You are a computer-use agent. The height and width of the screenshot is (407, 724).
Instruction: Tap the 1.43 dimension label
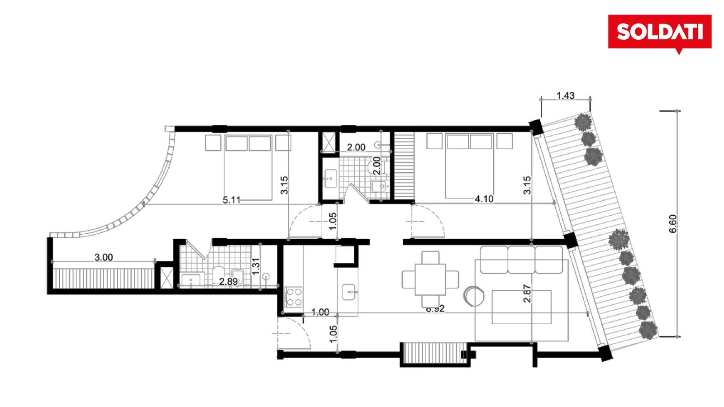coord(566,95)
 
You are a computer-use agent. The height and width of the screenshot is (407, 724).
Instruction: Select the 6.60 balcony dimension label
coord(673,224)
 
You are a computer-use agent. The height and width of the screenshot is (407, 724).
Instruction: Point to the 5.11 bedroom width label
coord(232,200)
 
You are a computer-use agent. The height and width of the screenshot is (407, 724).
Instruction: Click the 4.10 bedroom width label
coord(484,199)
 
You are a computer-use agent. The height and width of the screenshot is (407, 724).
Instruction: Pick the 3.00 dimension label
coord(104,257)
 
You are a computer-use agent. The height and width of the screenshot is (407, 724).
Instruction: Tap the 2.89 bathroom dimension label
coord(229,282)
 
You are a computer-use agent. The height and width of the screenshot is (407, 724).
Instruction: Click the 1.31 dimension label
coord(256,266)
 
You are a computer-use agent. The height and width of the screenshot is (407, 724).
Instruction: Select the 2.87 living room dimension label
coord(527,293)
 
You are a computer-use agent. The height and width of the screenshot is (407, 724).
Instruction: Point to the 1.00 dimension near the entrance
coord(320,312)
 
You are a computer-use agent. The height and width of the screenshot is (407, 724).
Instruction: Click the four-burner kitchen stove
coord(294,297)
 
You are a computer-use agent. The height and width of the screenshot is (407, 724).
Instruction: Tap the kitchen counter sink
coord(349,292)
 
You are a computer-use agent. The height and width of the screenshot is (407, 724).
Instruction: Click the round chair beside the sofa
coord(474,296)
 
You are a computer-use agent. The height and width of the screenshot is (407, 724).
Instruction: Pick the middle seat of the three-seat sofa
coord(521,260)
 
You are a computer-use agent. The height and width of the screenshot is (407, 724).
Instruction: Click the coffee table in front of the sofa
coord(521,307)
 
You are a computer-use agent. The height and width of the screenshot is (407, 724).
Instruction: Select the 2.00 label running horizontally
coord(356,147)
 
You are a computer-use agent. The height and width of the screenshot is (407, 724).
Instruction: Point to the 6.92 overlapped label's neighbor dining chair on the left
coord(409,279)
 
